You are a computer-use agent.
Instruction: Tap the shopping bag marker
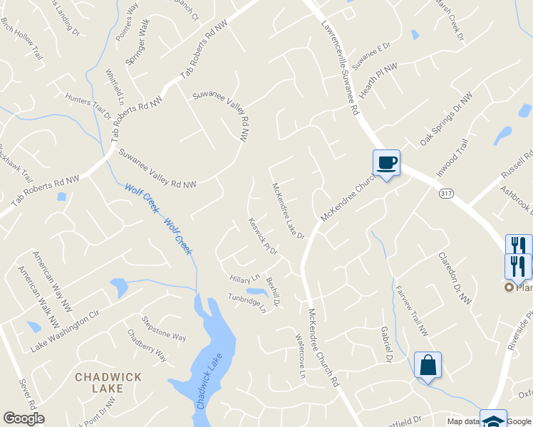click(x=428, y=366)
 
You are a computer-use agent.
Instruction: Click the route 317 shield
click(x=446, y=194)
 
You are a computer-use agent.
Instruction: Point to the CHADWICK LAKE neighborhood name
click(x=108, y=382)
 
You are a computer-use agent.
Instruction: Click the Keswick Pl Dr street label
click(x=262, y=236)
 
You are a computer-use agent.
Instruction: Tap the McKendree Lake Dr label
click(x=288, y=211)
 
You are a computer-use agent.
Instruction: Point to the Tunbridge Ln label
click(x=247, y=302)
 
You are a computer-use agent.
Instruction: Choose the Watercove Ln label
click(x=300, y=356)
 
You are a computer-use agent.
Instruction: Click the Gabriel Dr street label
click(x=386, y=344)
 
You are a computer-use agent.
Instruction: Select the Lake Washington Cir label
click(x=63, y=332)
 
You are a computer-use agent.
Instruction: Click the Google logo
click(x=24, y=418)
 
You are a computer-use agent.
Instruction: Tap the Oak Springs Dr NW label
click(x=446, y=119)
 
